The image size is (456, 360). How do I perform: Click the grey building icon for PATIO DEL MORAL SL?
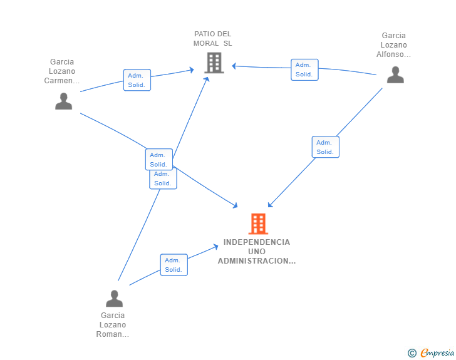[214, 63]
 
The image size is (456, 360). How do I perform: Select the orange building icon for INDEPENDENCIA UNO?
[258, 224]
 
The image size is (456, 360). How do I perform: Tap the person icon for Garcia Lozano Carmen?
[63, 101]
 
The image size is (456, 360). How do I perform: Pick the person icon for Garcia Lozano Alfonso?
[395, 75]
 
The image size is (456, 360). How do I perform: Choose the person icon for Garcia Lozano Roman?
[114, 298]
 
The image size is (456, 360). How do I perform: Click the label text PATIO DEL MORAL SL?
[213, 39]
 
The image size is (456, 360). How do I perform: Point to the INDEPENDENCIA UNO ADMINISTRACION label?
[257, 251]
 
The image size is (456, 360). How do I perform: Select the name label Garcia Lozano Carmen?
[63, 71]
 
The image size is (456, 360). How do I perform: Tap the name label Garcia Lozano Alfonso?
[394, 45]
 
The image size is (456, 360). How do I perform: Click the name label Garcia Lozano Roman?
[113, 324]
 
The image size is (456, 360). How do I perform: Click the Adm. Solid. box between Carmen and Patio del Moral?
[137, 80]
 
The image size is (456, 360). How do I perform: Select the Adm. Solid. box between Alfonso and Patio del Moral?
[304, 69]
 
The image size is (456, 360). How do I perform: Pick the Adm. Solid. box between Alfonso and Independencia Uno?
[325, 147]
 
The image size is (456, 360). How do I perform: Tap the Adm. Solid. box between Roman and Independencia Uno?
[174, 265]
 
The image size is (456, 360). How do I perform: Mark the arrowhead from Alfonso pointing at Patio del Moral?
[234, 66]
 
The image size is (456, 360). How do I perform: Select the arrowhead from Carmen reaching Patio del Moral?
[192, 70]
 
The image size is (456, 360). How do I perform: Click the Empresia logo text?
[437, 353]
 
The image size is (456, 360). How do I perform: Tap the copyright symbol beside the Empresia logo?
[412, 354]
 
